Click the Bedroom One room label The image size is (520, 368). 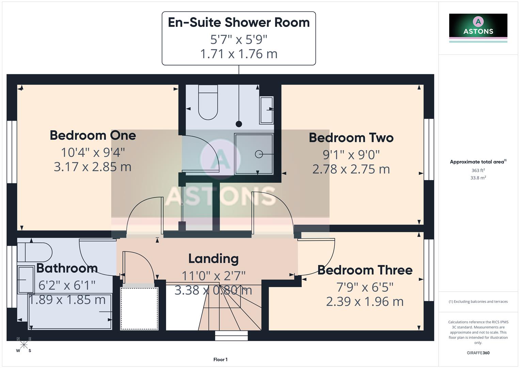(93, 135)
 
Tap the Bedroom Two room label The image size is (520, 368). (351, 138)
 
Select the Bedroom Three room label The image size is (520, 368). (365, 270)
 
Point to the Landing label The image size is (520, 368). (214, 259)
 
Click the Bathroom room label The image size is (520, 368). (67, 268)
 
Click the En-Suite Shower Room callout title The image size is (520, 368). (239, 22)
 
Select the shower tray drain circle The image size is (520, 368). (259, 154)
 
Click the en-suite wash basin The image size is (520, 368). (266, 110)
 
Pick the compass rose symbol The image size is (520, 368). (24, 345)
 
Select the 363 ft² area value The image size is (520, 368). (478, 170)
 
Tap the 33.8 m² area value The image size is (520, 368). (478, 178)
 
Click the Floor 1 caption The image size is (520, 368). (220, 359)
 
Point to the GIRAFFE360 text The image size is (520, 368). (478, 353)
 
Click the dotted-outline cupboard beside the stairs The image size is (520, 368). (139, 308)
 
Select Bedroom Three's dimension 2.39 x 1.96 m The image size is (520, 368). (365, 302)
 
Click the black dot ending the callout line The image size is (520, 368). (239, 124)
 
